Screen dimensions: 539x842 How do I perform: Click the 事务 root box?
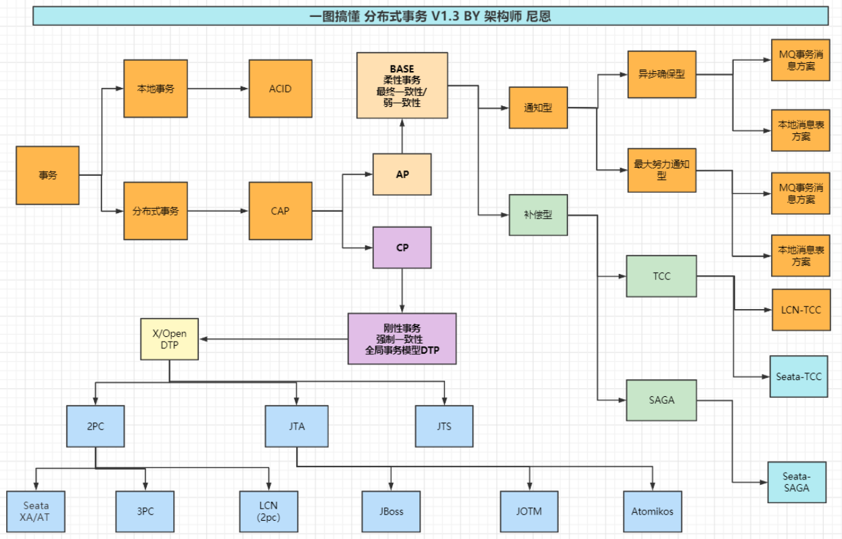pyautogui.click(x=47, y=175)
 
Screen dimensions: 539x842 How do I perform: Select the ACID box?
pyautogui.click(x=280, y=89)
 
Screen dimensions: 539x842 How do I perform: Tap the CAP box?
pyautogui.click(x=280, y=210)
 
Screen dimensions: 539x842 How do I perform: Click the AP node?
pyautogui.click(x=402, y=174)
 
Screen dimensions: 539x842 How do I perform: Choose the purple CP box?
pyautogui.click(x=402, y=248)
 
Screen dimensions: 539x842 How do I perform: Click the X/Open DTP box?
pyautogui.click(x=169, y=339)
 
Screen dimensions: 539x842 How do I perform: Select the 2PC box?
pyautogui.click(x=95, y=426)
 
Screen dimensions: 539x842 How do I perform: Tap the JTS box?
pyautogui.click(x=444, y=426)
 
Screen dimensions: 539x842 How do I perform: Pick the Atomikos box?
pyautogui.click(x=652, y=511)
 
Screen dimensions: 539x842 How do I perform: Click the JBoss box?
pyautogui.click(x=391, y=511)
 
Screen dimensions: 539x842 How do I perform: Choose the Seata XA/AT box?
pyautogui.click(x=36, y=511)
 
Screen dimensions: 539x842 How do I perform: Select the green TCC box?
pyautogui.click(x=661, y=276)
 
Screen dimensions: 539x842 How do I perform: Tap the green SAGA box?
pyautogui.click(x=661, y=400)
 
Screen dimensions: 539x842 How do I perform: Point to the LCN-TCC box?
pyautogui.click(x=801, y=310)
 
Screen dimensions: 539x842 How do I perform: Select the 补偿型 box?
pyautogui.click(x=538, y=215)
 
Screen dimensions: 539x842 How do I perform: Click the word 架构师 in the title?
pyautogui.click(x=503, y=16)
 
